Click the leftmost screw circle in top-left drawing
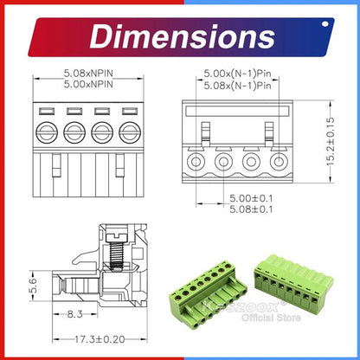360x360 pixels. (48, 134)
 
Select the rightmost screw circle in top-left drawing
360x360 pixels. (130, 134)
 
